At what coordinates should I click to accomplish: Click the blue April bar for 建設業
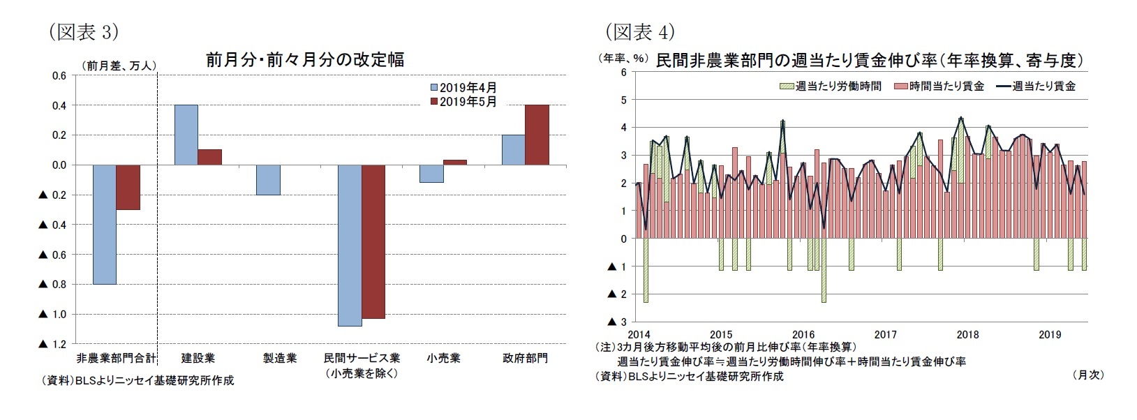[186, 135]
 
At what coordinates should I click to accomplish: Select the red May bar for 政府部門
[537, 135]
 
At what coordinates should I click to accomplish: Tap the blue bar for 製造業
[267, 180]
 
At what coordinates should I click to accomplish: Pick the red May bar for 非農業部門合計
[128, 187]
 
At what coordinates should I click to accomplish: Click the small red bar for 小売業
[455, 163]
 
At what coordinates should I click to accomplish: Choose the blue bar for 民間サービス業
[349, 246]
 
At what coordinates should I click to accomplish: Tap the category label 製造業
[280, 359]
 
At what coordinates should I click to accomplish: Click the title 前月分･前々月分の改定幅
[304, 60]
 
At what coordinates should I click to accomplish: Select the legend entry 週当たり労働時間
[830, 86]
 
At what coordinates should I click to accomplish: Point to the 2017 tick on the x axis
[885, 335]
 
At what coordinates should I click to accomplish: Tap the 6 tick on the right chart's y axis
[623, 72]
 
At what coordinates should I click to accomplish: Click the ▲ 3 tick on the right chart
[617, 322]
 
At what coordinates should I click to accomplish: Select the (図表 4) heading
[639, 32]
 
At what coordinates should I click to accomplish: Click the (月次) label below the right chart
[1087, 375]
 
